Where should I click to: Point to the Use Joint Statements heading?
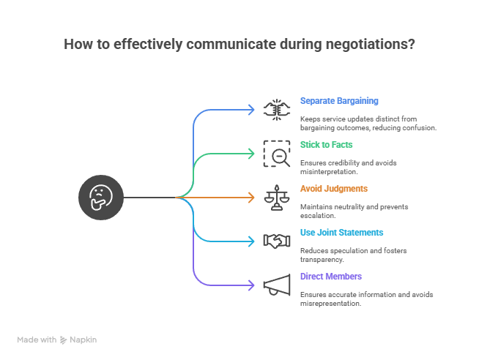pyautogui.click(x=341, y=232)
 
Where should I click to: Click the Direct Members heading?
pyautogui.click(x=331, y=276)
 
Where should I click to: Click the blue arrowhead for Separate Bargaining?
pyautogui.click(x=250, y=110)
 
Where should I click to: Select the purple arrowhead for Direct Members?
pyautogui.click(x=250, y=285)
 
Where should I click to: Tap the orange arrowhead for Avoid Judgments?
pyautogui.click(x=250, y=197)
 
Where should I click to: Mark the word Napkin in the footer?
pyautogui.click(x=83, y=340)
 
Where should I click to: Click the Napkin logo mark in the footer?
pyautogui.click(x=64, y=340)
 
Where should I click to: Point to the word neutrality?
pyautogui.click(x=352, y=206)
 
